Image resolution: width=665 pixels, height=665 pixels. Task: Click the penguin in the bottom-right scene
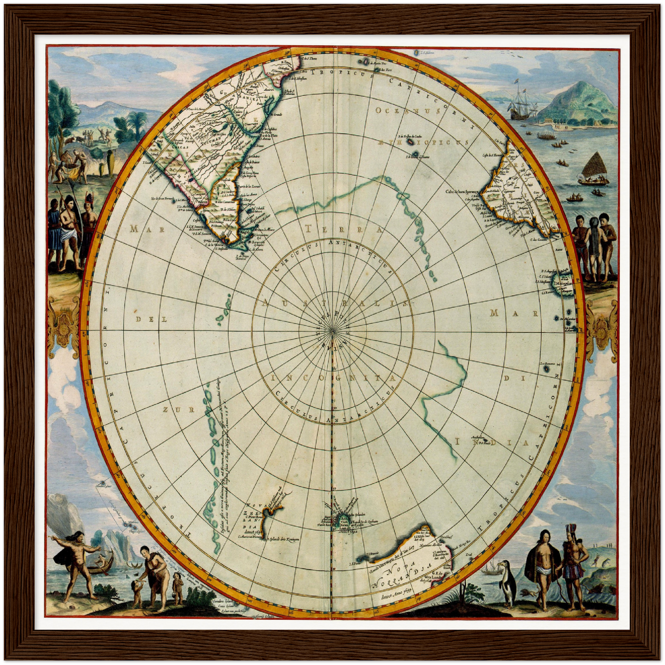click(507, 582)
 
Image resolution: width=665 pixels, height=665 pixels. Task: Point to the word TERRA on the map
click(343, 229)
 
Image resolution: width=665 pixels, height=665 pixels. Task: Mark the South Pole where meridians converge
click(332, 330)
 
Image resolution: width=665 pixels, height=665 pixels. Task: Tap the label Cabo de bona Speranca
click(462, 192)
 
